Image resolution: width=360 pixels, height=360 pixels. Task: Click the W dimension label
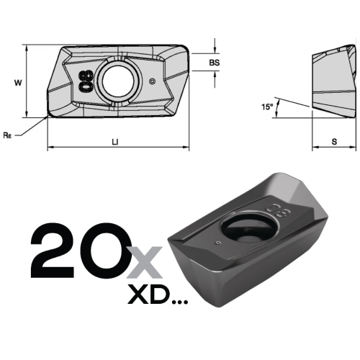[18, 83]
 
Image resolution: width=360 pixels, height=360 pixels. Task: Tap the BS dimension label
[215, 63]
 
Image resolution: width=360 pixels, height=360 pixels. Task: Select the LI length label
[115, 142]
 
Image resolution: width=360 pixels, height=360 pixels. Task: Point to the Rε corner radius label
[7, 135]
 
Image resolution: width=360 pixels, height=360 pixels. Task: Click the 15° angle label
[267, 107]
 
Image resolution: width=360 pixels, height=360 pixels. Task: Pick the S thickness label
[334, 142]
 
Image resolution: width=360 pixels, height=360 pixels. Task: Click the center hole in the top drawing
[118, 81]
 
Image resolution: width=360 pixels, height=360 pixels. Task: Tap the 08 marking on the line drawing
[86, 81]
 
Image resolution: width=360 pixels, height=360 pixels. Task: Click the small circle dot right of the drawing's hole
[152, 81]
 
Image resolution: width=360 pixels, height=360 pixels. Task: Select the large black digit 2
[53, 251]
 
